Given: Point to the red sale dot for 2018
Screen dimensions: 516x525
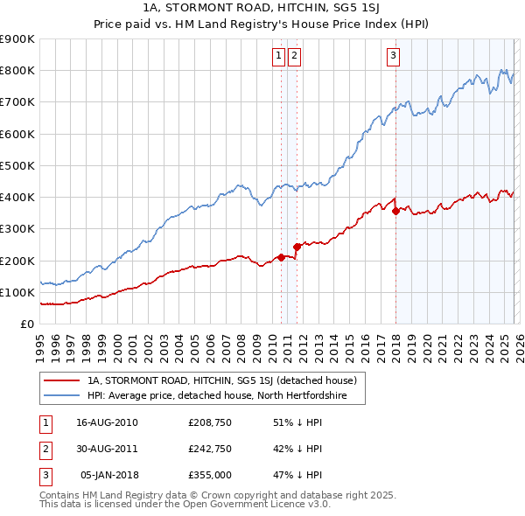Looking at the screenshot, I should [395, 211].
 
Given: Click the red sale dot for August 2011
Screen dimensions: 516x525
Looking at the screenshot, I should [297, 247].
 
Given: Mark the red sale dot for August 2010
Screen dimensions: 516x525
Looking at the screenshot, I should [281, 257].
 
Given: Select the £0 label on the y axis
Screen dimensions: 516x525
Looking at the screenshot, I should [26, 324].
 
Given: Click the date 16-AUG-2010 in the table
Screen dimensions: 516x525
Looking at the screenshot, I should [108, 422].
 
